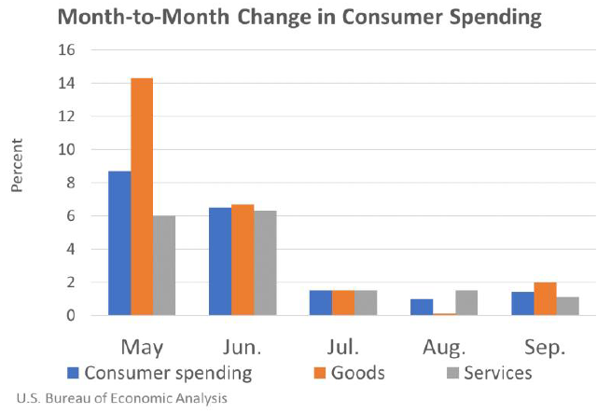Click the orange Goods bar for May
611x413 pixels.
(x=142, y=197)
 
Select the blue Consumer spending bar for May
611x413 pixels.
(x=119, y=243)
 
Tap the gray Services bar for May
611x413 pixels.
(x=164, y=266)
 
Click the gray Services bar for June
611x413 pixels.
(x=265, y=263)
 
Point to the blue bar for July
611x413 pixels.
(x=321, y=303)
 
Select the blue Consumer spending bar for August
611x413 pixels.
(x=422, y=308)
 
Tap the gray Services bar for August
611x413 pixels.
(x=466, y=303)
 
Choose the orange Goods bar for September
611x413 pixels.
(x=545, y=299)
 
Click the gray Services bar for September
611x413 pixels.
(x=567, y=307)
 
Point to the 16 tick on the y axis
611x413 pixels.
(x=66, y=50)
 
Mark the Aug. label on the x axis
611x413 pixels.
(x=444, y=348)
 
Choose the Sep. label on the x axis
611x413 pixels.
(x=545, y=348)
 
